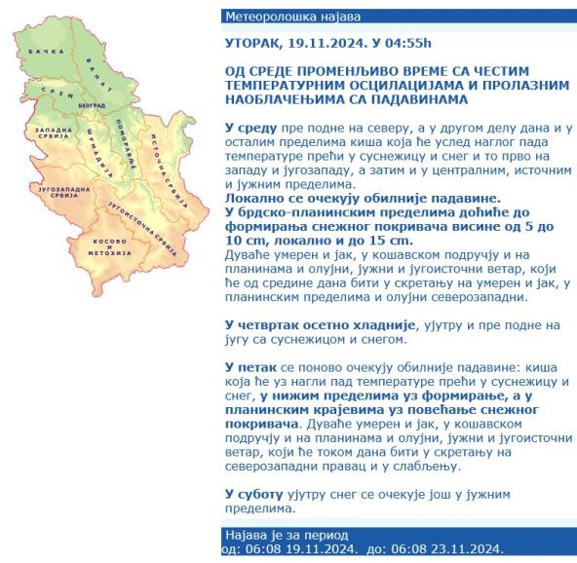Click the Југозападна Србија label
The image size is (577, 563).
click(x=60, y=193)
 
